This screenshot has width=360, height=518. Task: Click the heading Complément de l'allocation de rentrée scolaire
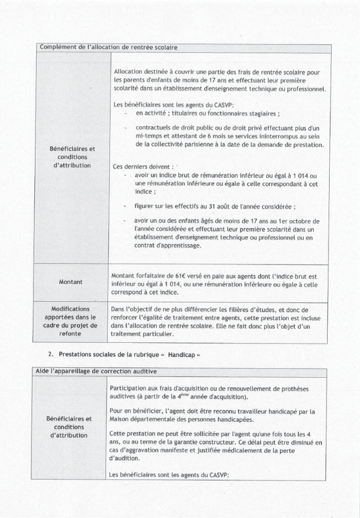click(108, 48)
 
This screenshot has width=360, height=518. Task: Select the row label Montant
click(70, 282)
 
